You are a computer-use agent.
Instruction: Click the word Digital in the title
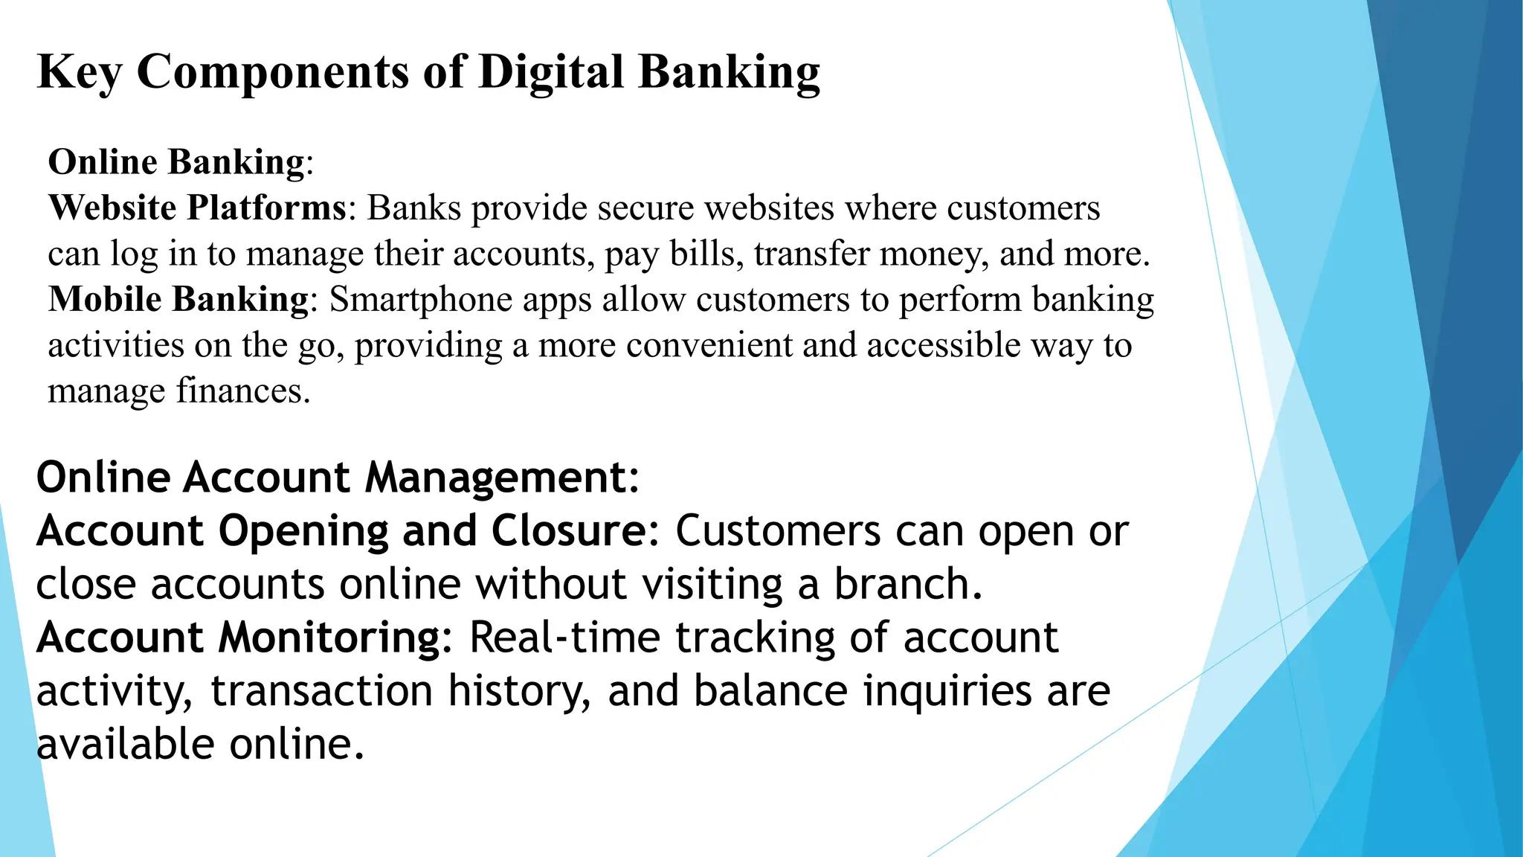(550, 72)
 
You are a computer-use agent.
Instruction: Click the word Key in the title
(80, 72)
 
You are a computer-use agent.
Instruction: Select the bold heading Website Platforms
(196, 208)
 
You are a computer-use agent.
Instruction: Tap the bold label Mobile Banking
(178, 299)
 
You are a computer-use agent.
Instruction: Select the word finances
(242, 391)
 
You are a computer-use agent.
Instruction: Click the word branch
(908, 584)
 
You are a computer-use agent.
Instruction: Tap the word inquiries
(947, 691)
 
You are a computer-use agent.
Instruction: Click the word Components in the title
(273, 72)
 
